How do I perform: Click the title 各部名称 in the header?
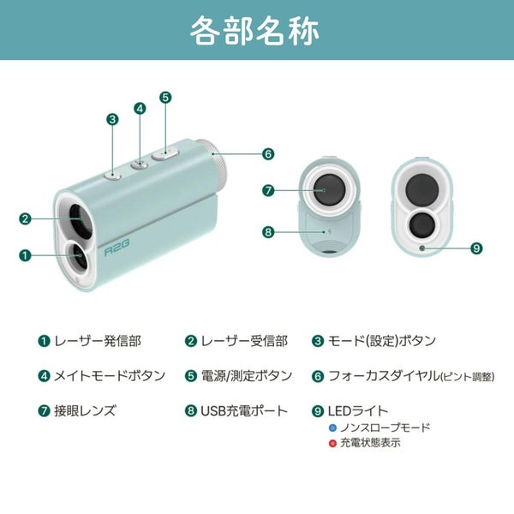(x=257, y=31)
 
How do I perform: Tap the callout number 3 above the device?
(x=112, y=119)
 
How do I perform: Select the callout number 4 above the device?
(x=140, y=109)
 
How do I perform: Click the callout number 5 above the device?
(x=165, y=98)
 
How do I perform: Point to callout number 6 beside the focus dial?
(x=268, y=154)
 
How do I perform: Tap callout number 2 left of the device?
(x=25, y=218)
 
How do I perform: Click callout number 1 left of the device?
(x=25, y=254)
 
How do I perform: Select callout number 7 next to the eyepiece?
(x=268, y=191)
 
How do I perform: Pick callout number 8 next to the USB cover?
(x=268, y=231)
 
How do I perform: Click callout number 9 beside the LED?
(x=476, y=248)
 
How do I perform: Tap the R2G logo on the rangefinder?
(x=117, y=252)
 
